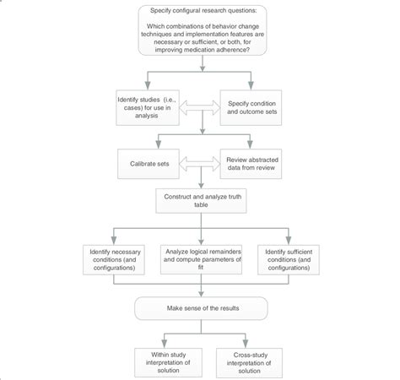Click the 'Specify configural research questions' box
click(200, 33)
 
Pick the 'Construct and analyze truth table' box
click(200, 198)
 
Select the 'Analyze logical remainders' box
click(200, 258)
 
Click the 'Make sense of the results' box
click(200, 307)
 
